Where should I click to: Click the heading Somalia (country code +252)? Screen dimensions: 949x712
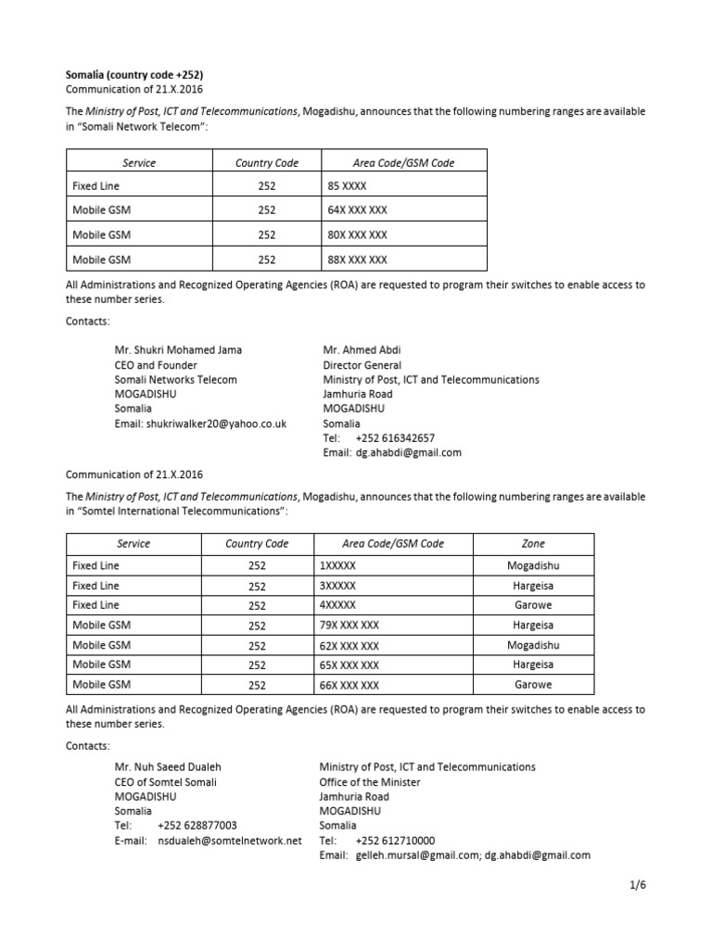coord(134,74)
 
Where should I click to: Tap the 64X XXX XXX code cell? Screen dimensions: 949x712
coord(357,210)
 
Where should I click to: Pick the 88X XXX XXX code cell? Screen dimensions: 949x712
coord(357,259)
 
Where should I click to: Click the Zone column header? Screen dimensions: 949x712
coord(533,544)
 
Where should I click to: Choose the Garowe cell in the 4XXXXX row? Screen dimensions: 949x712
coord(533,605)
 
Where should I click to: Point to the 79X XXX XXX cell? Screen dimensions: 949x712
coord(349,626)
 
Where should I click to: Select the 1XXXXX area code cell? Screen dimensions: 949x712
coord(337,565)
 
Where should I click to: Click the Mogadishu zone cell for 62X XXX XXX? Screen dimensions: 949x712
coord(533,645)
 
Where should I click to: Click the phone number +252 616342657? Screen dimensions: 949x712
coord(394,438)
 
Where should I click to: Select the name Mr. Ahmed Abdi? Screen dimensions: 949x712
coord(362,350)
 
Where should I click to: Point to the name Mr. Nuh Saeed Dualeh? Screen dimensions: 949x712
coord(168,767)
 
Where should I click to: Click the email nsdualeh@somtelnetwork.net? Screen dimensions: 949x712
coord(230,841)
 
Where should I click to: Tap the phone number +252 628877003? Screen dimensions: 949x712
coord(197,826)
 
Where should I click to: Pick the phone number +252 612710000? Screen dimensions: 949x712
coord(395,841)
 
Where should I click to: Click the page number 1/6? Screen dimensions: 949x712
coord(637,885)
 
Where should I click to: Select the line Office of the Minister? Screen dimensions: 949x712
coord(369,782)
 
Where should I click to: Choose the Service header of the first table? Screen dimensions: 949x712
coord(139,163)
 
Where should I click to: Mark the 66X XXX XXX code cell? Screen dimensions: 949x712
coord(349,685)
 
